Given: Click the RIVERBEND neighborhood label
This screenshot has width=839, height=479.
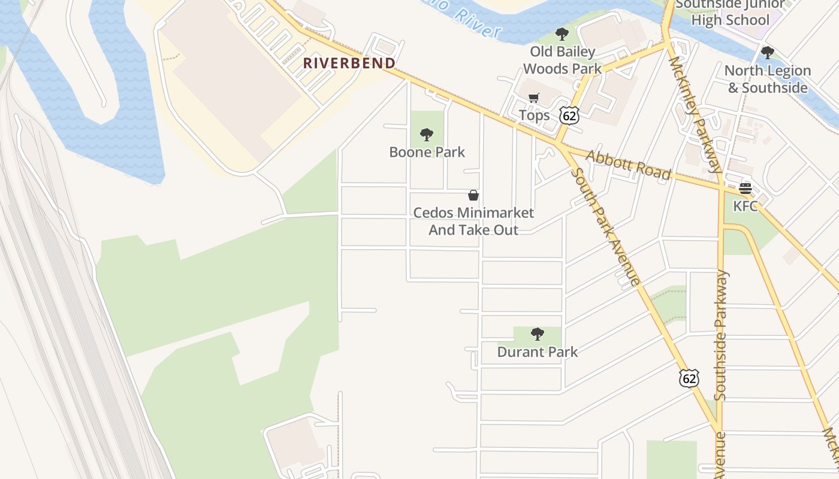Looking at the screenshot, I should coord(349,63).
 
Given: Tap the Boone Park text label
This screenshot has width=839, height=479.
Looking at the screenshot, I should coord(427,152).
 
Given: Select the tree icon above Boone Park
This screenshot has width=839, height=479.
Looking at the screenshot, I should coord(427,135).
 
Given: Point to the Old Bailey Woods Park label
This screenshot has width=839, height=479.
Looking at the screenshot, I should coord(562,60).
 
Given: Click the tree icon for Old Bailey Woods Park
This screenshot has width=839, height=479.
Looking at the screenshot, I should coord(562,34).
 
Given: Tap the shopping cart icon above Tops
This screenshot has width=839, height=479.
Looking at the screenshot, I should coord(534,98).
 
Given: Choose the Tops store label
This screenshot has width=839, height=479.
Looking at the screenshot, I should coord(534,115).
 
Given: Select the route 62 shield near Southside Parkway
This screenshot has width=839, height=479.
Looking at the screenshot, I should coord(689,378).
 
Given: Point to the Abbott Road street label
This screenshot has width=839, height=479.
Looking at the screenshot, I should coord(628,165).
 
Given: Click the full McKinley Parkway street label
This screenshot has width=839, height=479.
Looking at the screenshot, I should coord(696,114).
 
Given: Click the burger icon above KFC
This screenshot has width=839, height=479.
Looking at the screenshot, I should coord(746,189).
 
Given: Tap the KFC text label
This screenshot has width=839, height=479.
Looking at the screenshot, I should coord(746,207).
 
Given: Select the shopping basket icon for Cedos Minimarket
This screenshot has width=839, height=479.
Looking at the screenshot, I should coord(473,195).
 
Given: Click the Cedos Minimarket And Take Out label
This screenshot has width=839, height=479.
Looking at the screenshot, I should coord(473,221).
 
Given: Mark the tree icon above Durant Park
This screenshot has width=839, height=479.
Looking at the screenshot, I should coord(538,334).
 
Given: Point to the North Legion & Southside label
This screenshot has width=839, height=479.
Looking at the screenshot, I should coord(767,79).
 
